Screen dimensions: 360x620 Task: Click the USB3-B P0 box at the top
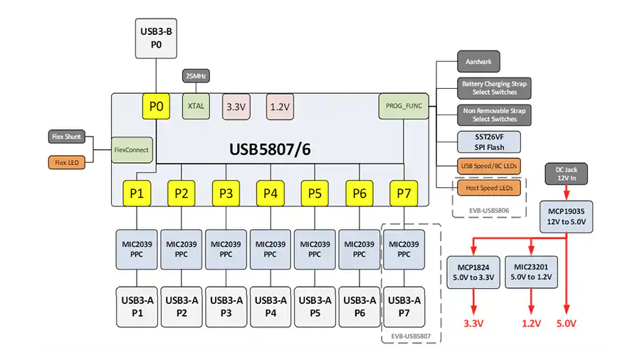click(x=156, y=38)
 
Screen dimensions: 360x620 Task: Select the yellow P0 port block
click(x=156, y=107)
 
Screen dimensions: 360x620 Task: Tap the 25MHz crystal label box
click(x=196, y=76)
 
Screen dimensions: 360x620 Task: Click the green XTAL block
click(x=196, y=107)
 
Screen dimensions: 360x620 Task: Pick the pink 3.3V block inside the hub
click(x=236, y=107)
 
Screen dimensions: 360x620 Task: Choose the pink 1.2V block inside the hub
click(x=280, y=107)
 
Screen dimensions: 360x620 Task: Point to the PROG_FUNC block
click(x=403, y=107)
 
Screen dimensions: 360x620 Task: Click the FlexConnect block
click(x=132, y=150)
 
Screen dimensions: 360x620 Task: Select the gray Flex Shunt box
click(x=67, y=137)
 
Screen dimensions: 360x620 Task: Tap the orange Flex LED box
click(x=67, y=162)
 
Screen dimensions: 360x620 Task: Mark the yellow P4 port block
click(x=270, y=193)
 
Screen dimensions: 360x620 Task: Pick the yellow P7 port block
click(x=403, y=193)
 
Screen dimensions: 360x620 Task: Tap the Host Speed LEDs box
click(x=489, y=187)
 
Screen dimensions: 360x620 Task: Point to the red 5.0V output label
click(x=566, y=324)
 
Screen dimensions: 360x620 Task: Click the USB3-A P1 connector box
click(x=137, y=306)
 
